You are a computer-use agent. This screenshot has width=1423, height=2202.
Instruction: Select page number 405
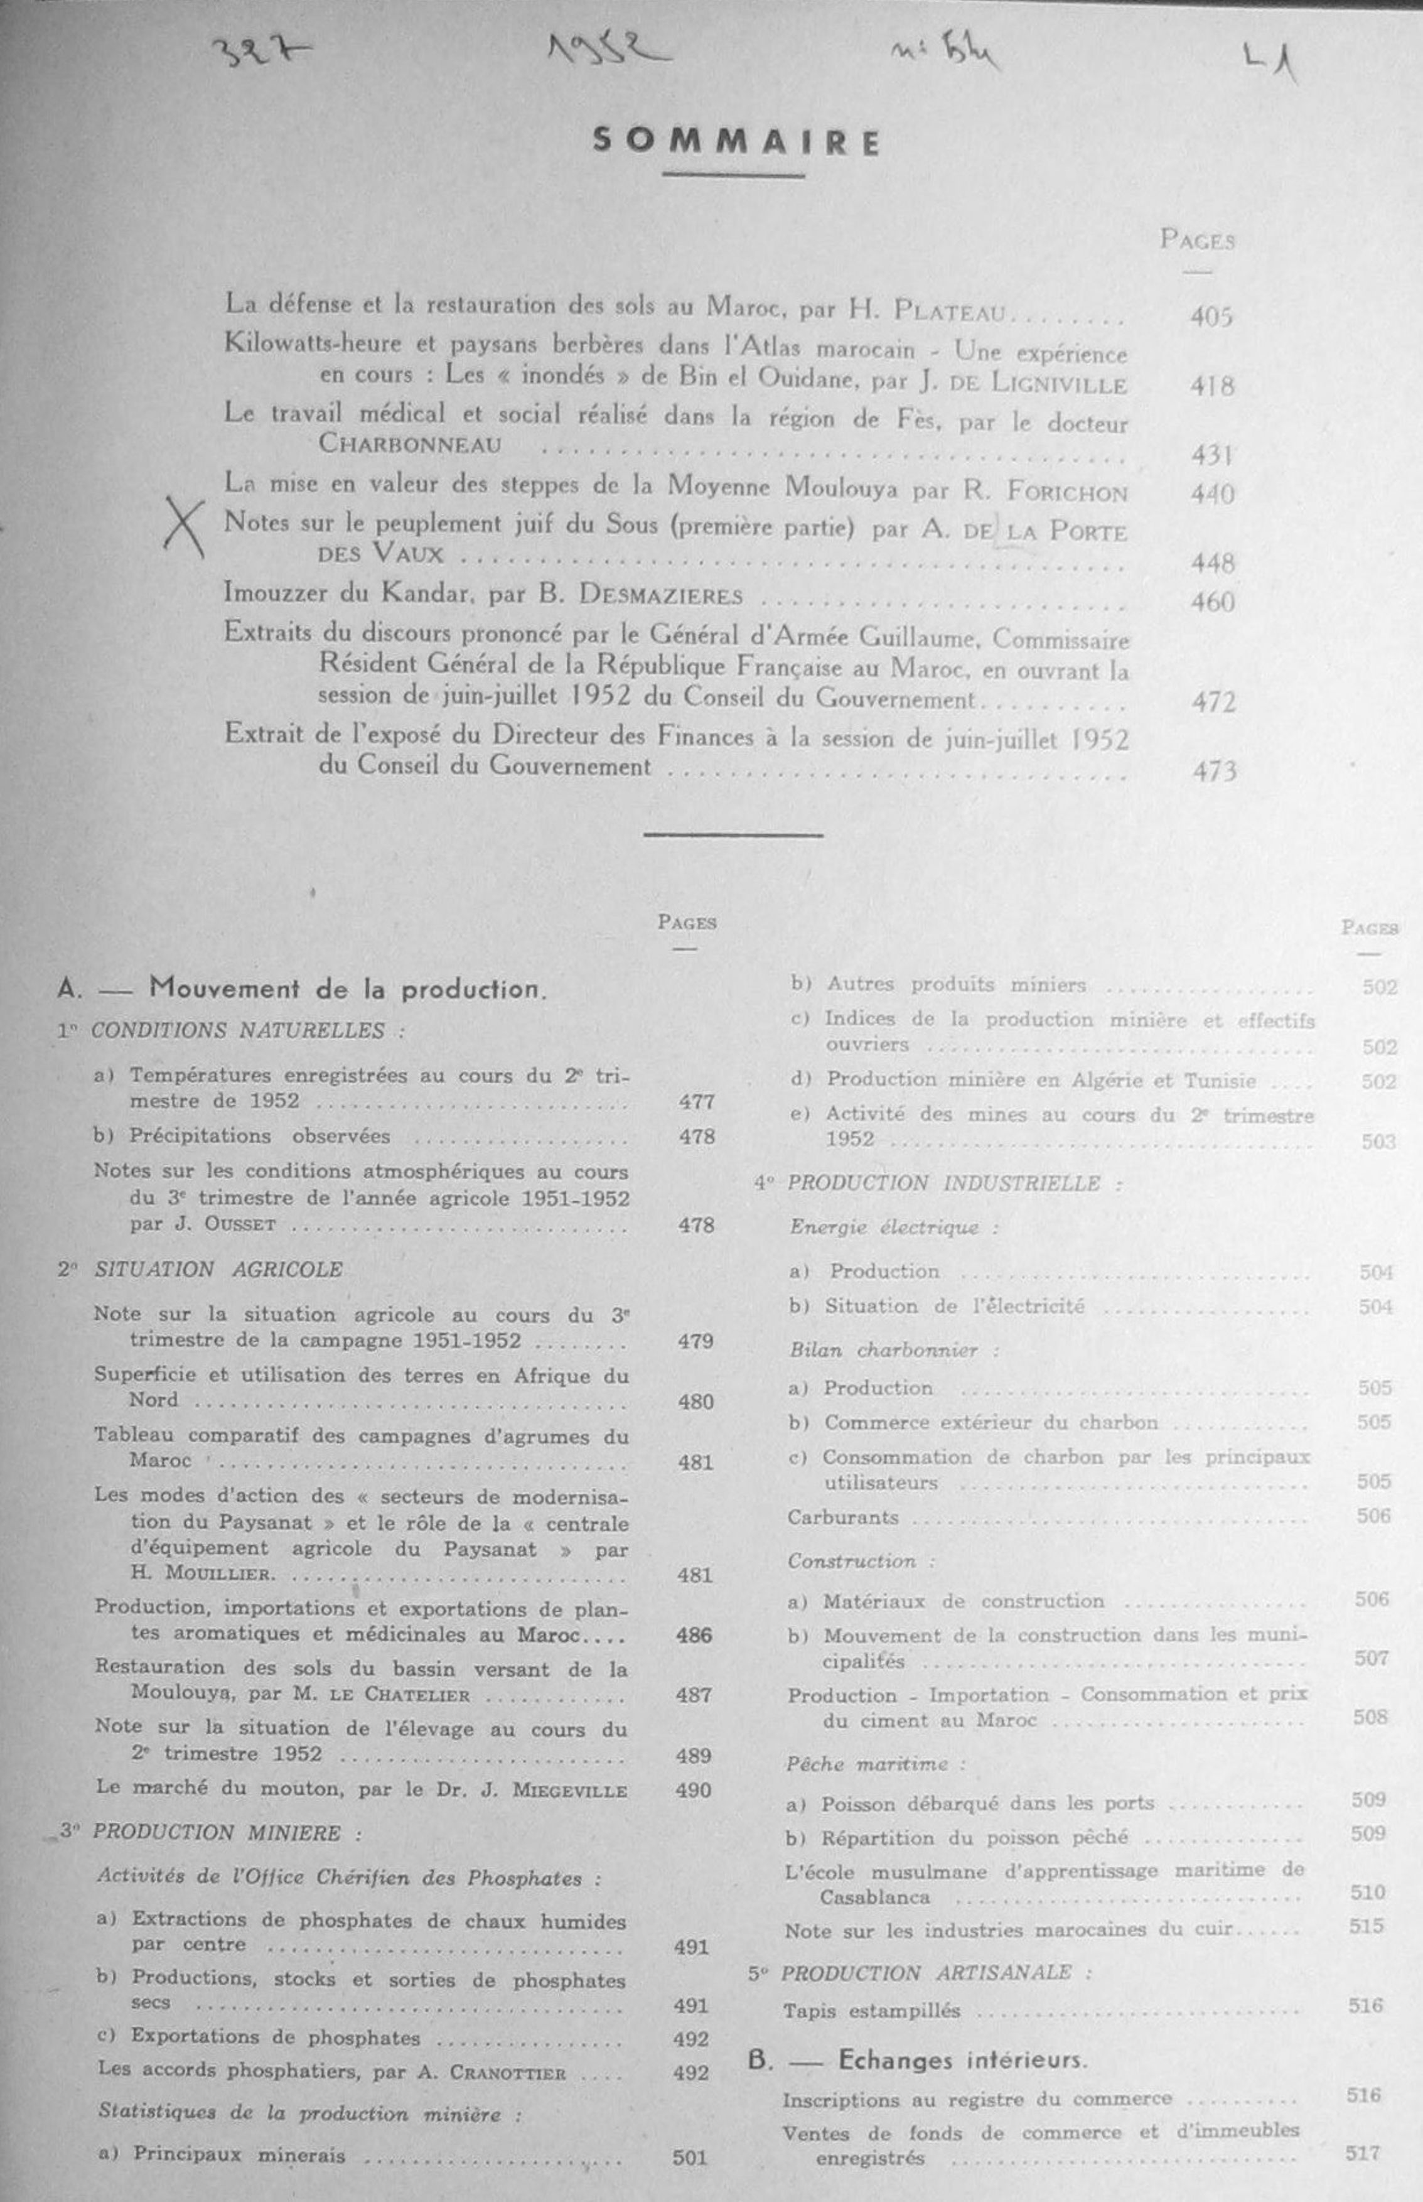1211,317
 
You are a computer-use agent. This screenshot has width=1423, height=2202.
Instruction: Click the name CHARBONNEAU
411,445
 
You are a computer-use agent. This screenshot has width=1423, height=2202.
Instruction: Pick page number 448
1212,562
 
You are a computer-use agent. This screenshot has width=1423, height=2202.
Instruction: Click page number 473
1213,770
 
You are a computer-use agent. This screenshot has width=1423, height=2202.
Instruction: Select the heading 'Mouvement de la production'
348,989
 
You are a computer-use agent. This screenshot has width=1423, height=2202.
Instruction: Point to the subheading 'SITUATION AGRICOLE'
218,1270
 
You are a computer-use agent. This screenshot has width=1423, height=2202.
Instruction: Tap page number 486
694,1634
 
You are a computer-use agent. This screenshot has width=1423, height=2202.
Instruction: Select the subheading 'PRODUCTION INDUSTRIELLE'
943,1184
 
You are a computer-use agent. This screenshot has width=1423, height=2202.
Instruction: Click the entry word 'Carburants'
843,1517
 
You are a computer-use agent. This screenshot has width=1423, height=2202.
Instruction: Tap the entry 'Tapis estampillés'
871,2010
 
